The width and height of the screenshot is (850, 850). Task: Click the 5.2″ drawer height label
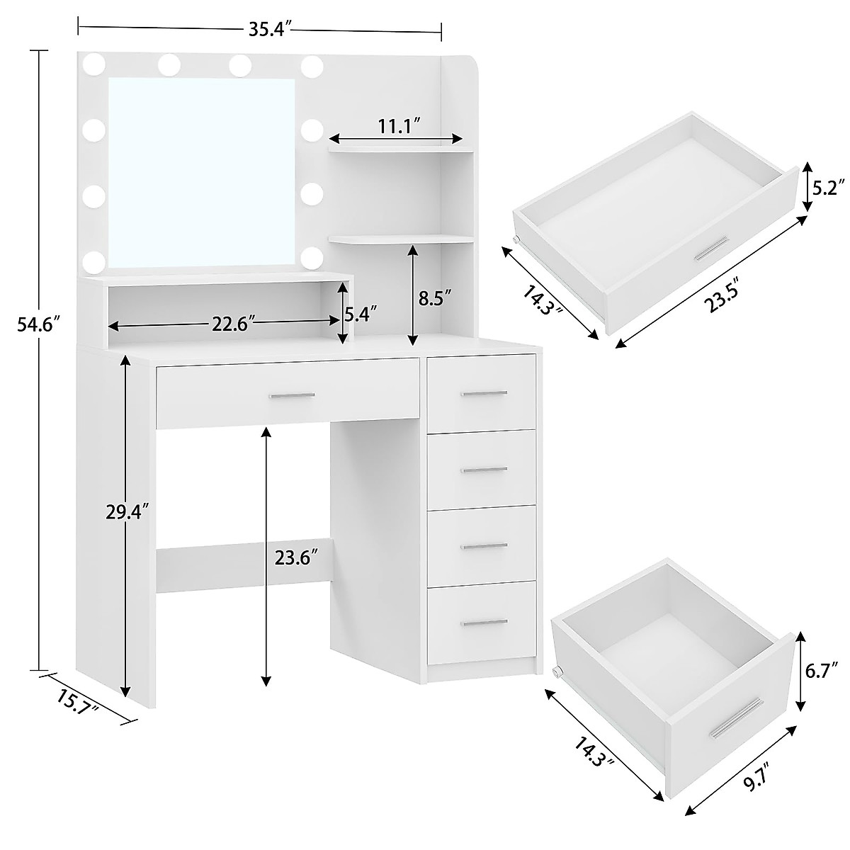point(828,188)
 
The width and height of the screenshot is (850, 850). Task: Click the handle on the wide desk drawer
point(291,395)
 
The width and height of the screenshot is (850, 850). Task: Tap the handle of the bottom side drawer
point(484,622)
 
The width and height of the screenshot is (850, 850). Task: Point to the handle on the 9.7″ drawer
point(737,717)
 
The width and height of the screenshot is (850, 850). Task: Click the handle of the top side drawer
point(484,392)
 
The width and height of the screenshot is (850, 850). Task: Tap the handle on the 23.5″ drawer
point(710,249)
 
